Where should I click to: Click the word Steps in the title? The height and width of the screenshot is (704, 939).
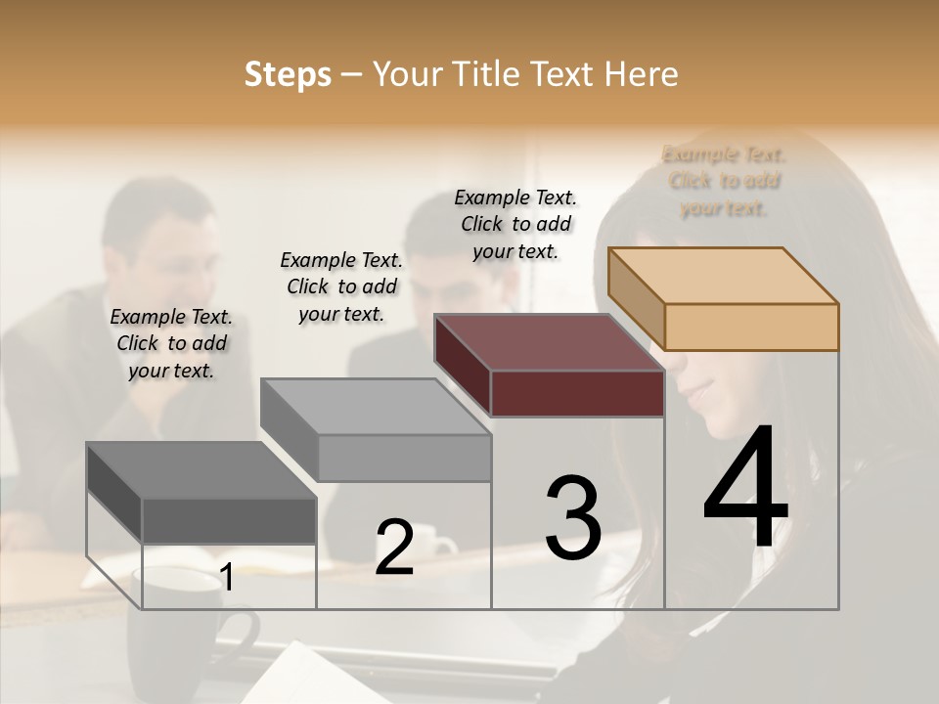click(288, 74)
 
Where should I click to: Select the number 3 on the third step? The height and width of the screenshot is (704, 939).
click(573, 517)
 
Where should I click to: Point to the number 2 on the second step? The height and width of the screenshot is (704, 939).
click(394, 548)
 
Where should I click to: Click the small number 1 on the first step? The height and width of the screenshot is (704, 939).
click(227, 578)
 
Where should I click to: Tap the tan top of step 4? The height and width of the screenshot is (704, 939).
click(724, 275)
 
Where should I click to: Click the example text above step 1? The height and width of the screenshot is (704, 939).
click(171, 343)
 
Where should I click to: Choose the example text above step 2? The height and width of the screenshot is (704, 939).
click(341, 286)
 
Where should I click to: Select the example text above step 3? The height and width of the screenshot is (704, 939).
click(515, 224)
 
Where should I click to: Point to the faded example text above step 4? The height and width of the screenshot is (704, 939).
click(724, 181)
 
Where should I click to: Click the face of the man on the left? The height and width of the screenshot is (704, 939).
click(176, 244)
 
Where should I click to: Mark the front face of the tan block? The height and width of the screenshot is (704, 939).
click(751, 327)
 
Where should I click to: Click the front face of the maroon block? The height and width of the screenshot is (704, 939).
click(577, 393)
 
